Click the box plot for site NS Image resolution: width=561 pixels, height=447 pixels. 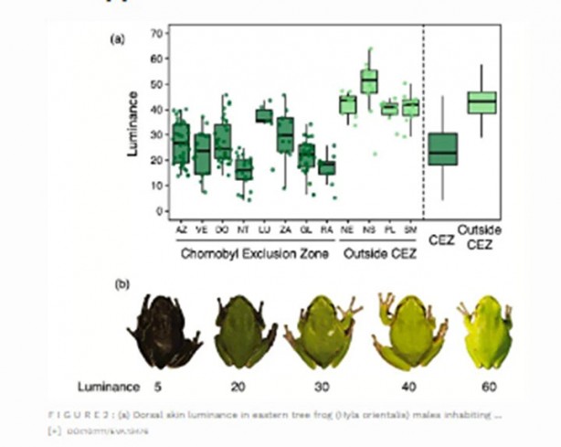pyautogui.click(x=368, y=80)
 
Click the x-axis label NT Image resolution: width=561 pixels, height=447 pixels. pyautogui.click(x=243, y=232)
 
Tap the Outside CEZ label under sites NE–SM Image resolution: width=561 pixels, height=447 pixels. pyautogui.click(x=379, y=253)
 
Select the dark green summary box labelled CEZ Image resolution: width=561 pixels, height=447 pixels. pyautogui.click(x=443, y=149)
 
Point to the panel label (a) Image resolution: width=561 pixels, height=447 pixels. pyautogui.click(x=117, y=38)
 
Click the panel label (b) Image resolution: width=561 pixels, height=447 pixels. pyautogui.click(x=122, y=283)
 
